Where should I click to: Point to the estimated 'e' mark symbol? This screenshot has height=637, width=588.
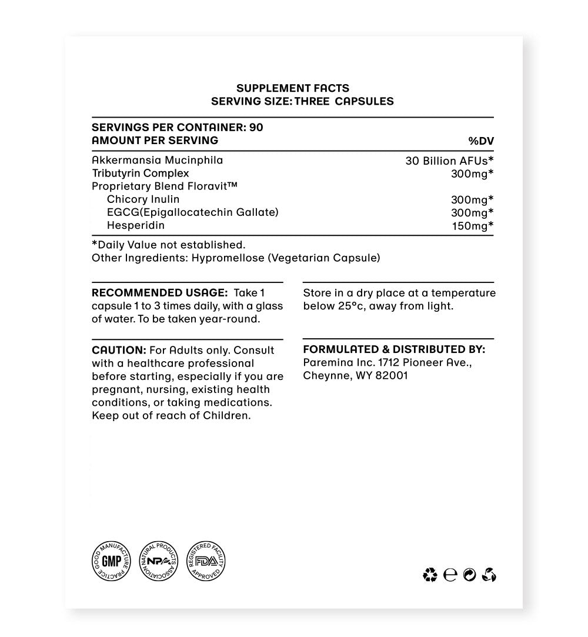[450, 575]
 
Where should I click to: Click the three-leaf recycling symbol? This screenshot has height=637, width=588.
[430, 575]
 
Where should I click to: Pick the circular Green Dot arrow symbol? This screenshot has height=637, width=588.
[469, 575]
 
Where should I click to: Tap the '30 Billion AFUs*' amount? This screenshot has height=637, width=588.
[449, 161]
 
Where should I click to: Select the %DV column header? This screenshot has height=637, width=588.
[480, 141]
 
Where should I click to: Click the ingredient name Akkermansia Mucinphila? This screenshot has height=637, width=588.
[158, 160]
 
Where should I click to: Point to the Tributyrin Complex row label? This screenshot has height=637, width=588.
[141, 173]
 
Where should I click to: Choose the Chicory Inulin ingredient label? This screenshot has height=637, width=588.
[143, 199]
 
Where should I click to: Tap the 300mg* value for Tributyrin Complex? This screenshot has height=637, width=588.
[472, 174]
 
